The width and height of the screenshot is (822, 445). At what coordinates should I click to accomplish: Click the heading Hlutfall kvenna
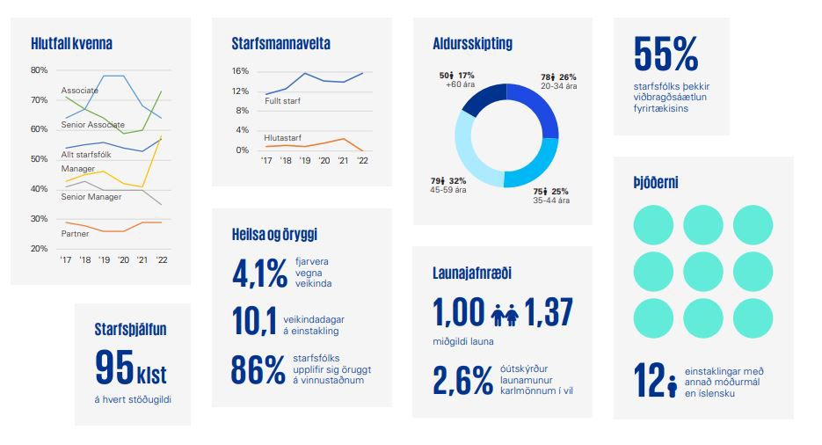71,43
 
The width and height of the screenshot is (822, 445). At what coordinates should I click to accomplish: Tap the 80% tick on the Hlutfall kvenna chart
39,69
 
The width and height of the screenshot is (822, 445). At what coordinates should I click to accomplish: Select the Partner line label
75,234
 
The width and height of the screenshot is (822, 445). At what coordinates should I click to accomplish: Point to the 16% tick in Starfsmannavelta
241,71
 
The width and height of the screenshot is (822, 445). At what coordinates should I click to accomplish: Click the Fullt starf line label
283,101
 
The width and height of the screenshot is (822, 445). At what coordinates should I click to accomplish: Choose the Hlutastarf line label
282,137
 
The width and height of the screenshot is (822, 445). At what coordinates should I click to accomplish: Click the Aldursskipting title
472,43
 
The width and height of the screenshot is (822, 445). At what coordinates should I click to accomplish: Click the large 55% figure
666,55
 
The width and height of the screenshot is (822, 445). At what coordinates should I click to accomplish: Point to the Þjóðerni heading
655,183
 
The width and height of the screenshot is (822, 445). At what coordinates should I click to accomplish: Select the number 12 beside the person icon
648,380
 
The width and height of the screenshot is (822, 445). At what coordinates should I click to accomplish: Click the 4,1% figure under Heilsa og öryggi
259,274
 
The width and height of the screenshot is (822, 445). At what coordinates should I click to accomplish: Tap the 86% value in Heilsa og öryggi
258,369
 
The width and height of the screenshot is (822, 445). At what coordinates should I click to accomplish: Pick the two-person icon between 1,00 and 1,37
505,314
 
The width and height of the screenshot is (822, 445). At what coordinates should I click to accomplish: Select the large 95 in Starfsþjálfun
114,368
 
